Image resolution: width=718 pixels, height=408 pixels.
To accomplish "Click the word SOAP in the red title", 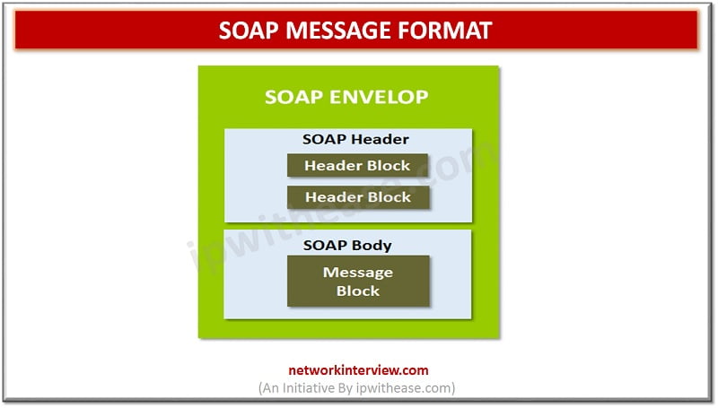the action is pyautogui.click(x=249, y=31).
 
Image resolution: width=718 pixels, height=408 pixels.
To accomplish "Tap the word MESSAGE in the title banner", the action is pyautogui.click(x=337, y=31).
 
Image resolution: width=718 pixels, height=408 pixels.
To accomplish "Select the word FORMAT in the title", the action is pyautogui.click(x=444, y=31).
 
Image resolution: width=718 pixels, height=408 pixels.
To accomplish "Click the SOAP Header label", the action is pyautogui.click(x=355, y=139).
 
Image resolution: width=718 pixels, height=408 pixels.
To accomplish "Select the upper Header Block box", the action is pyautogui.click(x=357, y=165).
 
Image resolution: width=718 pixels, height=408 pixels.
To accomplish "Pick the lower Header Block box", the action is pyautogui.click(x=358, y=197).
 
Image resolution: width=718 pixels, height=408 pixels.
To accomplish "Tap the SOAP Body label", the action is pyautogui.click(x=347, y=245).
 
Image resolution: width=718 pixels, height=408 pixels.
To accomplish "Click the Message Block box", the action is pyautogui.click(x=358, y=281).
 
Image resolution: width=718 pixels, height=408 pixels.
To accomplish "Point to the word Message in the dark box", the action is pyautogui.click(x=358, y=273).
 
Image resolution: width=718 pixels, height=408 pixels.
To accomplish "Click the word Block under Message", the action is pyautogui.click(x=358, y=291).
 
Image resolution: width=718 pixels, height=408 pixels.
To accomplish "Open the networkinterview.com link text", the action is pyautogui.click(x=358, y=370).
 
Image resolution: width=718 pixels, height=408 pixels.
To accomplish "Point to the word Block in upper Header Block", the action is pyautogui.click(x=389, y=166).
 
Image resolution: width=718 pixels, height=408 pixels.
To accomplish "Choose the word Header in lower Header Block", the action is pyautogui.click(x=334, y=197).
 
